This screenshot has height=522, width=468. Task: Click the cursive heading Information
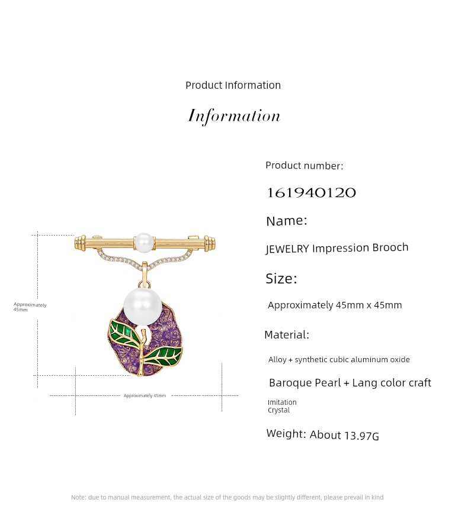(x=233, y=116)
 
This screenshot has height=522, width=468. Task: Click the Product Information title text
(x=233, y=85)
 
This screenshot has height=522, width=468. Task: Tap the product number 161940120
(x=312, y=193)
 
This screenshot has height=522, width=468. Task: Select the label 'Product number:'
(x=304, y=166)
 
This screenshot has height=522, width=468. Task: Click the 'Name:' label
(x=287, y=221)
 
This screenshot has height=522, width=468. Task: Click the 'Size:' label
(x=281, y=279)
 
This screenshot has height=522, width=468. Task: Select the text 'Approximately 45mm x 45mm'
(x=335, y=305)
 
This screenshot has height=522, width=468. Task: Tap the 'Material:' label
(x=287, y=335)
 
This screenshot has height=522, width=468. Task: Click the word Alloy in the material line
(x=277, y=360)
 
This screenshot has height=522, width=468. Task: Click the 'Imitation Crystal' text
(x=282, y=406)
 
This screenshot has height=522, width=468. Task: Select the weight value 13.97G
(x=362, y=436)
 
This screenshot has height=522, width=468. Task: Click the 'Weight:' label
(x=286, y=433)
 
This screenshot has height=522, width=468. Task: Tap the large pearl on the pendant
(x=142, y=307)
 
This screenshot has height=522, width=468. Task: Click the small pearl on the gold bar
(x=145, y=242)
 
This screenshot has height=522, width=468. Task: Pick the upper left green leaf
(x=123, y=332)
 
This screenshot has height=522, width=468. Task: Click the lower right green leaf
(x=164, y=356)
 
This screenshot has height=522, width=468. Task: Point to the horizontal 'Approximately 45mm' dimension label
(x=145, y=395)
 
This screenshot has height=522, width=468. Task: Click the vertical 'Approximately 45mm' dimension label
(x=30, y=307)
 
